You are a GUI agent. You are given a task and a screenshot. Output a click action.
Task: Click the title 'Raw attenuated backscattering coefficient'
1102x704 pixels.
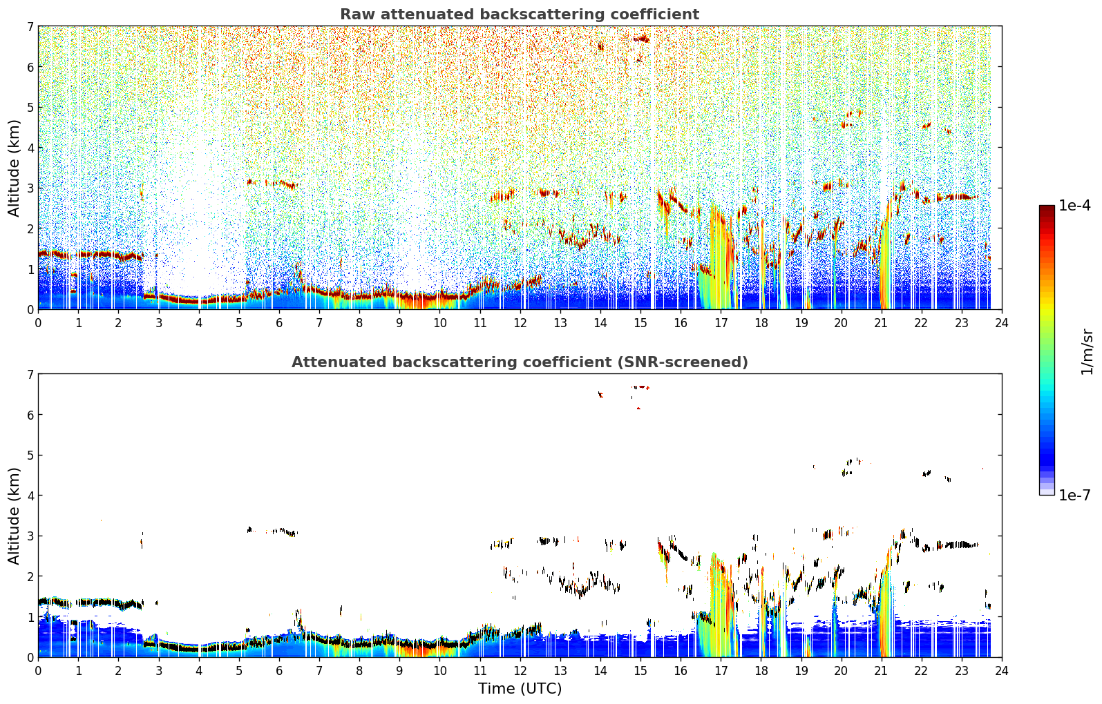[520, 14]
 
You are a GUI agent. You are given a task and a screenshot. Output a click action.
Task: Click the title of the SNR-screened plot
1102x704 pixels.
[520, 362]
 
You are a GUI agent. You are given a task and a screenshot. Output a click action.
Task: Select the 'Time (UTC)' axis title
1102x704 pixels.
[520, 688]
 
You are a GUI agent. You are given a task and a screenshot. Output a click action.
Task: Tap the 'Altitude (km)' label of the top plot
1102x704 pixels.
[14, 168]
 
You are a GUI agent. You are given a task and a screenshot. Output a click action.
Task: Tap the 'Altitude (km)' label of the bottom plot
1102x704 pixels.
[14, 516]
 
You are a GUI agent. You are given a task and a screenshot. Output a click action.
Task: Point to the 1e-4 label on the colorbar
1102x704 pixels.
[1074, 206]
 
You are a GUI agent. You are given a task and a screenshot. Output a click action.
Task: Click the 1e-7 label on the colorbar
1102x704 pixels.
[1074, 495]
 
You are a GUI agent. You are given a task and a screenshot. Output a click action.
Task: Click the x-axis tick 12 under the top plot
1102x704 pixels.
[520, 323]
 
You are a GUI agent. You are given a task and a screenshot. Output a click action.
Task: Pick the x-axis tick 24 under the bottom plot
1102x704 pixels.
[1002, 671]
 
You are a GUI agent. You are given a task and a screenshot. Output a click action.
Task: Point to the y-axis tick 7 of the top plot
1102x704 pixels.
[30, 26]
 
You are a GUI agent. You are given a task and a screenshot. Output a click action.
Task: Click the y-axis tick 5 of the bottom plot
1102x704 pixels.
[30, 456]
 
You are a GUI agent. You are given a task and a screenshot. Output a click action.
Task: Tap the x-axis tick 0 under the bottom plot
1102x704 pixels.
[39, 671]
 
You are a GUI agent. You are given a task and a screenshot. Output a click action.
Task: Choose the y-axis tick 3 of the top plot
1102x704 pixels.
[30, 188]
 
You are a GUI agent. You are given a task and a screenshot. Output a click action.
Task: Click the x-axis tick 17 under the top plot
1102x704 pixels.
[721, 323]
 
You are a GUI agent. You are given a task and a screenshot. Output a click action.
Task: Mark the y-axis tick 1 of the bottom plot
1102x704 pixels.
[30, 617]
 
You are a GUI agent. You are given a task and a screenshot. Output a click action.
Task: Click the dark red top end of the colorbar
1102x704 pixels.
[1047, 207]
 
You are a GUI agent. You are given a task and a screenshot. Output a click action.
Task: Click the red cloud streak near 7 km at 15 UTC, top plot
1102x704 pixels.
[642, 39]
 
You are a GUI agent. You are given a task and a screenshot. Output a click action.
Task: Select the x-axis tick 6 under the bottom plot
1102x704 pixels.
[279, 671]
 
